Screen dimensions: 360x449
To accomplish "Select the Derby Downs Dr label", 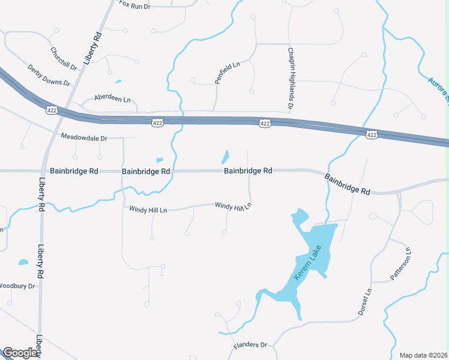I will click(49, 76).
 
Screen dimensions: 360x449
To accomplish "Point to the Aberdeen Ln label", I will click(112, 98).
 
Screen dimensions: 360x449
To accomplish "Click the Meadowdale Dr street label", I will click(83, 137).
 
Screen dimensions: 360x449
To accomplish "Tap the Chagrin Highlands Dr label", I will click(290, 79).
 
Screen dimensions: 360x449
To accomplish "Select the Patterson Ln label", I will click(400, 264).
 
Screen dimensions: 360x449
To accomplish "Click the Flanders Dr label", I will click(250, 345).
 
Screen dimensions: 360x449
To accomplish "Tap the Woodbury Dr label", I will click(17, 286).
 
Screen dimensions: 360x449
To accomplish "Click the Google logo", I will click(20, 353).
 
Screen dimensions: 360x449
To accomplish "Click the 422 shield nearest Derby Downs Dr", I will click(51, 110).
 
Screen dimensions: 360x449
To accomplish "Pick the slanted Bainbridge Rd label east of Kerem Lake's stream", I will click(348, 184).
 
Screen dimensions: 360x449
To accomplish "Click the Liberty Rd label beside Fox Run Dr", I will click(93, 49).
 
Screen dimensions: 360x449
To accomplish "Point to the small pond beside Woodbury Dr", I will click(23, 262).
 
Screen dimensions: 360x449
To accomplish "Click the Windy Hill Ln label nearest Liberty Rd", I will click(148, 209).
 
